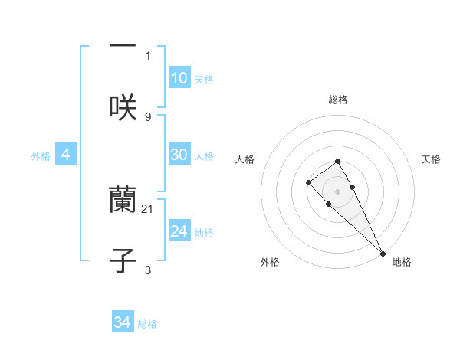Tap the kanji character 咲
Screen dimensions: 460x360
click(123, 107)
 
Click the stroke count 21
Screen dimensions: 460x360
click(148, 208)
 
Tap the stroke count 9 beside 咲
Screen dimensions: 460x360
click(148, 116)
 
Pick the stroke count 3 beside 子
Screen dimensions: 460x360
click(148, 270)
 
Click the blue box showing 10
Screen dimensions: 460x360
click(179, 78)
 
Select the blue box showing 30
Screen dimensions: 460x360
click(179, 155)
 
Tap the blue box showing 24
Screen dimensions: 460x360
click(179, 231)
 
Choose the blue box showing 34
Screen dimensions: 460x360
click(123, 322)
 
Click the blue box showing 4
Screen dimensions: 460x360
click(66, 155)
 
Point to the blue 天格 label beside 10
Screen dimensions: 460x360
click(204, 80)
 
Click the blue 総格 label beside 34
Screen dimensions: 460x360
click(147, 324)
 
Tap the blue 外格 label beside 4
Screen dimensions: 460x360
click(41, 156)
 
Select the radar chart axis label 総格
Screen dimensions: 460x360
click(337, 100)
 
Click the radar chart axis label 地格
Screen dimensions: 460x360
click(402, 262)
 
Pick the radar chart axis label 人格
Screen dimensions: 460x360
click(245, 159)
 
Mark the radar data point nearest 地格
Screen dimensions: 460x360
click(383, 253)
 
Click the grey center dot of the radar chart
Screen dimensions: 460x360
click(337, 191)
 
